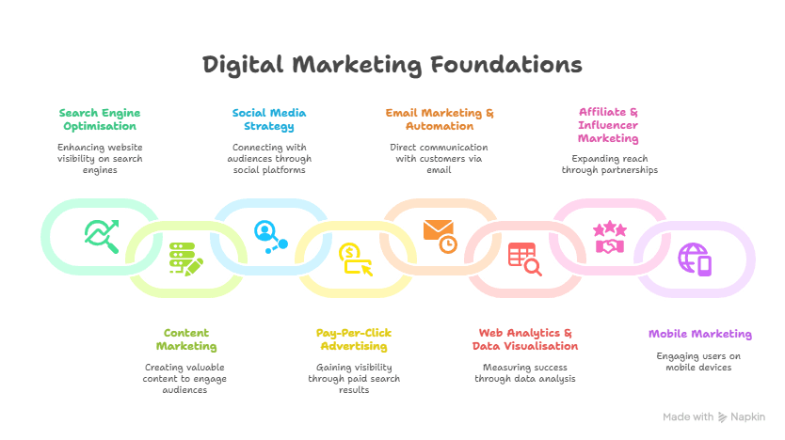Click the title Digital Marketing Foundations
pyautogui.click(x=392, y=65)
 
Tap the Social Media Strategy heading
pyautogui.click(x=269, y=118)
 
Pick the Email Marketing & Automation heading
pyautogui.click(x=440, y=118)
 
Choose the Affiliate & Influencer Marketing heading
pyautogui.click(x=608, y=125)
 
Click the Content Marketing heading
pyautogui.click(x=185, y=339)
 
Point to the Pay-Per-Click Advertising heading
pyautogui.click(x=354, y=339)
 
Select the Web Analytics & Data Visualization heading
pyautogui.click(x=525, y=339)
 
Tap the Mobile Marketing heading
pyautogui.click(x=699, y=334)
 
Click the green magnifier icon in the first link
pyautogui.click(x=101, y=235)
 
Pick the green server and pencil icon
pyautogui.click(x=185, y=258)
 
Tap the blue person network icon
pyautogui.click(x=270, y=235)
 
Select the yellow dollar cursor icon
pyautogui.click(x=355, y=258)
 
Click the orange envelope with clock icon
pyautogui.click(x=440, y=235)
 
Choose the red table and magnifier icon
pyautogui.click(x=524, y=258)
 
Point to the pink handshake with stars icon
pyautogui.click(x=609, y=237)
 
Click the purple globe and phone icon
pyautogui.click(x=695, y=258)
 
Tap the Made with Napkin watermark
pyautogui.click(x=713, y=416)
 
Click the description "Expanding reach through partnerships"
pyautogui.click(x=609, y=165)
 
